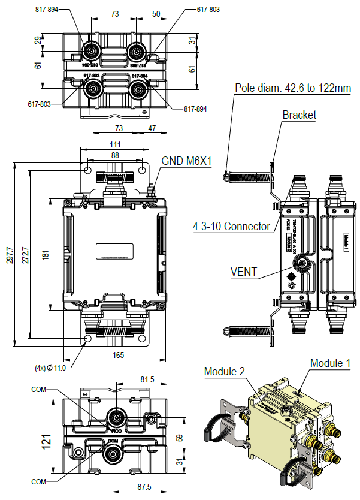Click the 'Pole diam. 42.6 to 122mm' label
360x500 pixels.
293,88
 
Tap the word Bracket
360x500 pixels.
299,115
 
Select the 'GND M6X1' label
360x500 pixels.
187,161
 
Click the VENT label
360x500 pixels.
244,272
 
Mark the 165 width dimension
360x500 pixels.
118,355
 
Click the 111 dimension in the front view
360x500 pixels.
115,144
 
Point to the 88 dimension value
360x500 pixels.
115,155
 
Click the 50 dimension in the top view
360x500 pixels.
156,13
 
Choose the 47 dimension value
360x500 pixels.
152,128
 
